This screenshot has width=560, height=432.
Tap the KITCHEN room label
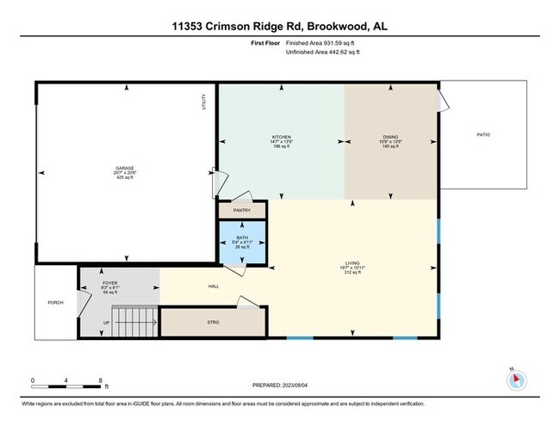tap(281, 137)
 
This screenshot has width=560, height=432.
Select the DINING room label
tap(391, 137)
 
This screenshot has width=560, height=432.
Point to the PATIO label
tap(482, 134)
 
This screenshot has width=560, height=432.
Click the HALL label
tap(214, 287)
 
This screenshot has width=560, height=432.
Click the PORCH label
tap(55, 302)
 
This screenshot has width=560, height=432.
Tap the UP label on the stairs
tap(106, 324)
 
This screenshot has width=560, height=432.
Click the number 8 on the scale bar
tap(101, 380)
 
